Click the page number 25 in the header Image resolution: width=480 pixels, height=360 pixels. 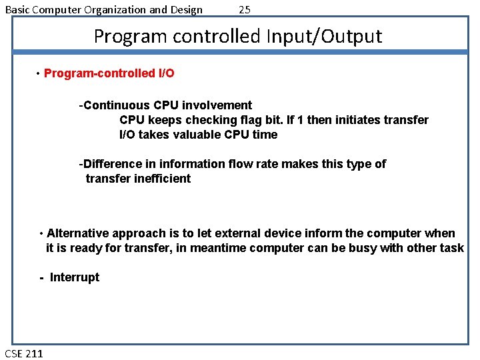coord(245,9)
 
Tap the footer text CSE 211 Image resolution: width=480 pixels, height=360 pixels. coord(24,353)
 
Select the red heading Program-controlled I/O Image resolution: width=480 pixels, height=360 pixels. coord(109,73)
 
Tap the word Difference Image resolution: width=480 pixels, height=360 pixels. coord(112,164)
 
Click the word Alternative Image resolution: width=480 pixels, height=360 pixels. coord(78,233)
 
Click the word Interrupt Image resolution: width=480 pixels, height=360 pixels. coord(75,277)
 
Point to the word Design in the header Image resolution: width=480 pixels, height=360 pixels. coord(186,9)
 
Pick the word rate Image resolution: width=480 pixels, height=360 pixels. coord(265,164)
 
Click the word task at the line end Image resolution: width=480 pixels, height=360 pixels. coord(452,248)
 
